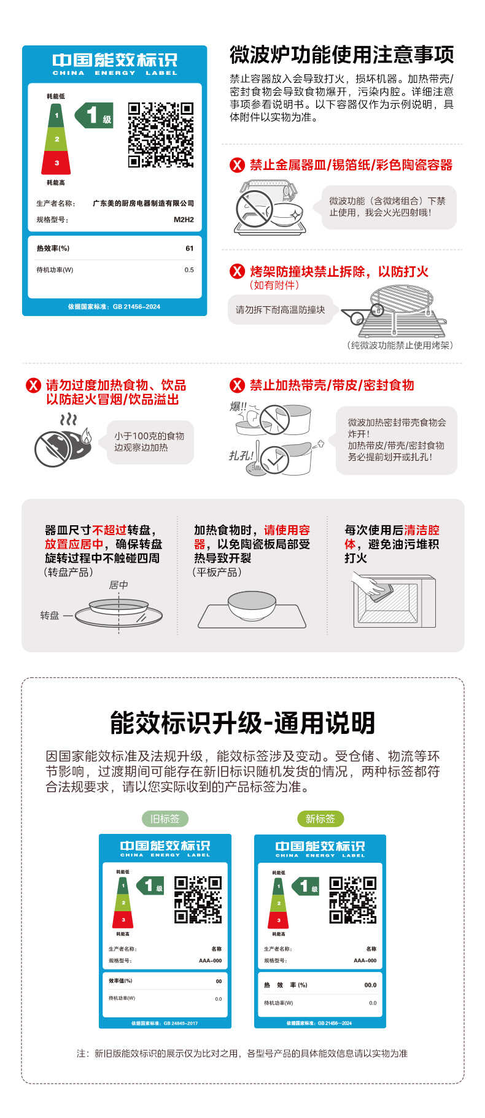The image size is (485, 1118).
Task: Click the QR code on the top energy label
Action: tap(161, 135)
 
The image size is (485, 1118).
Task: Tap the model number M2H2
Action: tap(184, 220)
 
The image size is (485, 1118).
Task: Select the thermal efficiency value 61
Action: tap(189, 249)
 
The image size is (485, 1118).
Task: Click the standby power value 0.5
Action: tap(189, 270)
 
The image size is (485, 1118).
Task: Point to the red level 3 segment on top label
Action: tap(56, 163)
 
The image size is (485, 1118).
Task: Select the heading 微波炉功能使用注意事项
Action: tap(341, 55)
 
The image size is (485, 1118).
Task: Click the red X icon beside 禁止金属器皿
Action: tap(237, 165)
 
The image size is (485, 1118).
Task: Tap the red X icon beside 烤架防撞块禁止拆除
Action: tap(237, 271)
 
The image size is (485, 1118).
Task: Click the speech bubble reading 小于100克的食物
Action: tap(149, 442)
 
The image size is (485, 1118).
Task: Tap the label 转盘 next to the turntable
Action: tap(50, 615)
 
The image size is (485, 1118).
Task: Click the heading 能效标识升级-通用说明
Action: tap(243, 723)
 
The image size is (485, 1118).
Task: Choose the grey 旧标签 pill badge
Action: tap(165, 819)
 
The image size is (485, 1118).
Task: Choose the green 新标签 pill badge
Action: tap(320, 819)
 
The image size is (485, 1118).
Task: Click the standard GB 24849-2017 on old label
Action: tap(165, 1023)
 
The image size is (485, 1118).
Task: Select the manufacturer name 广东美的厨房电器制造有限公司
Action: tap(143, 203)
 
